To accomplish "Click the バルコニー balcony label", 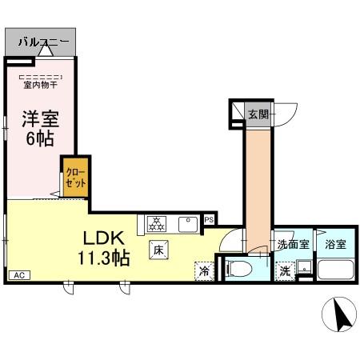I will click(43, 39).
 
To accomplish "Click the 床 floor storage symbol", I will click(158, 249).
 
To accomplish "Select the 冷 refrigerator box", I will click(204, 270).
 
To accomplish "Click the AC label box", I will click(19, 275).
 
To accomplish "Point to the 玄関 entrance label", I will click(257, 114).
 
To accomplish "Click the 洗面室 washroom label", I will click(292, 245).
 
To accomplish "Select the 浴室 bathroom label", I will click(335, 245).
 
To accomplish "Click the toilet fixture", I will click(241, 268).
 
